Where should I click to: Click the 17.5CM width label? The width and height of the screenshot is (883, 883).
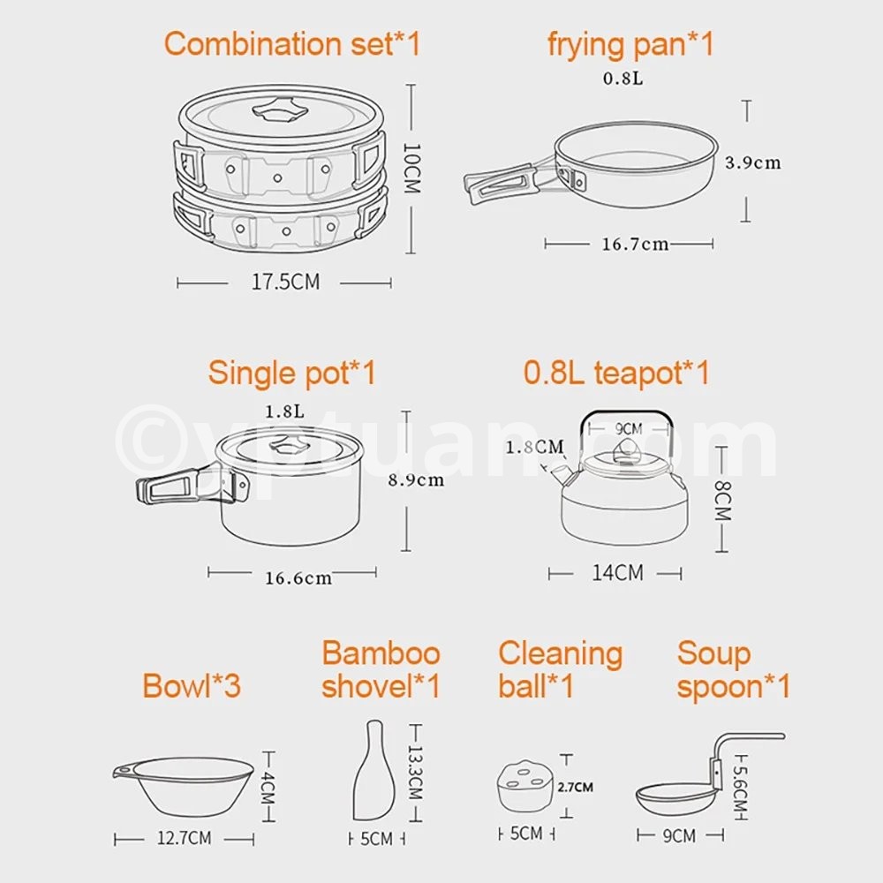click(285, 282)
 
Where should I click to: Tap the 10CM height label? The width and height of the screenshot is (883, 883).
click(411, 168)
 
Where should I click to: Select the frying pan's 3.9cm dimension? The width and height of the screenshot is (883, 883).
click(753, 162)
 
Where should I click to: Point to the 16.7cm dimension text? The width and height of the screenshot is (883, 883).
click(635, 244)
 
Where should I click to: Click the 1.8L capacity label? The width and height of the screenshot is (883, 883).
click(285, 411)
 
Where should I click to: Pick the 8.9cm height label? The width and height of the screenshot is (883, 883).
click(416, 479)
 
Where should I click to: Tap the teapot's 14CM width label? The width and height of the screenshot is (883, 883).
click(617, 573)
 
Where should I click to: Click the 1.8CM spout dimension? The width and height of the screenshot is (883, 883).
click(534, 447)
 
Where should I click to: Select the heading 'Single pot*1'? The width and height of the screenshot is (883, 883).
click(291, 373)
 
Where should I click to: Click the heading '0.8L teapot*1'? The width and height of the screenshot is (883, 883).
click(616, 372)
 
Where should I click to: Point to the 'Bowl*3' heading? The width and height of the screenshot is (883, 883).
click(192, 685)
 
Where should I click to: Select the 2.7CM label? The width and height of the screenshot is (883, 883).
click(575, 787)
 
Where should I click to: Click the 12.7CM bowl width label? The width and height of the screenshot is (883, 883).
click(185, 838)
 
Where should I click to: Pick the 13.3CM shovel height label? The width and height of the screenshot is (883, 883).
click(415, 773)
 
